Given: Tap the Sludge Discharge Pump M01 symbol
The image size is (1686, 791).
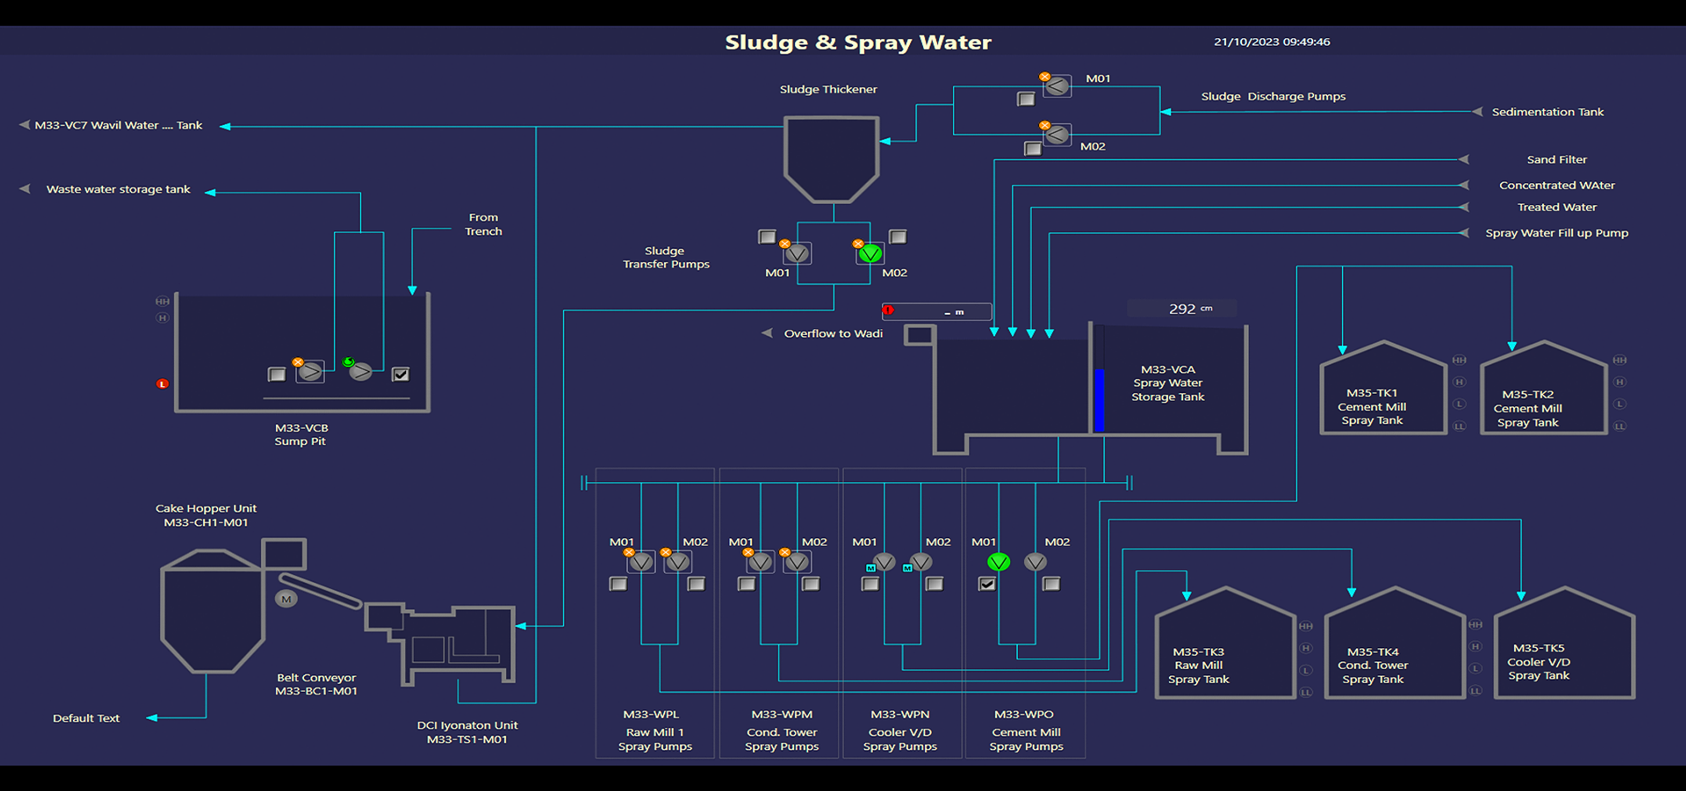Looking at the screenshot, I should pyautogui.click(x=1056, y=86).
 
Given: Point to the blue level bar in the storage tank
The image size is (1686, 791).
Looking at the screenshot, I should pyautogui.click(x=1099, y=400).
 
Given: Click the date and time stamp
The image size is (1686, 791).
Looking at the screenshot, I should pyautogui.click(x=1271, y=42).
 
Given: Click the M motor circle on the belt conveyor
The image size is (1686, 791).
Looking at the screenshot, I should pyautogui.click(x=286, y=599).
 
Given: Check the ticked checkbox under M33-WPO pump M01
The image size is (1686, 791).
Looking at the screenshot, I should pyautogui.click(x=987, y=584).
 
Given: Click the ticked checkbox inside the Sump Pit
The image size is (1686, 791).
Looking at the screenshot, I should pyautogui.click(x=400, y=374).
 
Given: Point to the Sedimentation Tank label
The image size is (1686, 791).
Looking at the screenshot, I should pyautogui.click(x=1547, y=112).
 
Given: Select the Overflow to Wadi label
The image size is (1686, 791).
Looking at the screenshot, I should pyautogui.click(x=833, y=333).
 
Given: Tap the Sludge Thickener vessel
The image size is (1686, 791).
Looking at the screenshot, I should pyautogui.click(x=831, y=157).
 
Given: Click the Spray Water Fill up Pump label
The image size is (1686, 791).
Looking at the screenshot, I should pyautogui.click(x=1556, y=233).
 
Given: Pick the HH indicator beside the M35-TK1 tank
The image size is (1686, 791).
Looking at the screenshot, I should pyautogui.click(x=1459, y=360).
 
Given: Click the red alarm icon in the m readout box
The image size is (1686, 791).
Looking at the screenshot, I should pyautogui.click(x=888, y=310).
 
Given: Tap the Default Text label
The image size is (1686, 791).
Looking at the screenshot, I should pyautogui.click(x=86, y=718).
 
